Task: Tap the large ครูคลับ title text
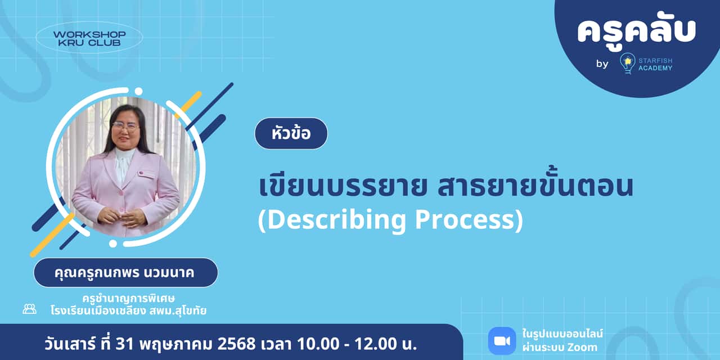click(636, 31)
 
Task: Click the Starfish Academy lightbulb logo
click(627, 63)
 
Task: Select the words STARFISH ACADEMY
click(655, 64)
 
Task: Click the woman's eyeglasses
click(125, 126)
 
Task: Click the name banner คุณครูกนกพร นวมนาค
click(125, 273)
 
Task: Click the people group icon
click(29, 309)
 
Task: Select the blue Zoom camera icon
click(502, 341)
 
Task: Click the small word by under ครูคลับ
click(602, 64)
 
